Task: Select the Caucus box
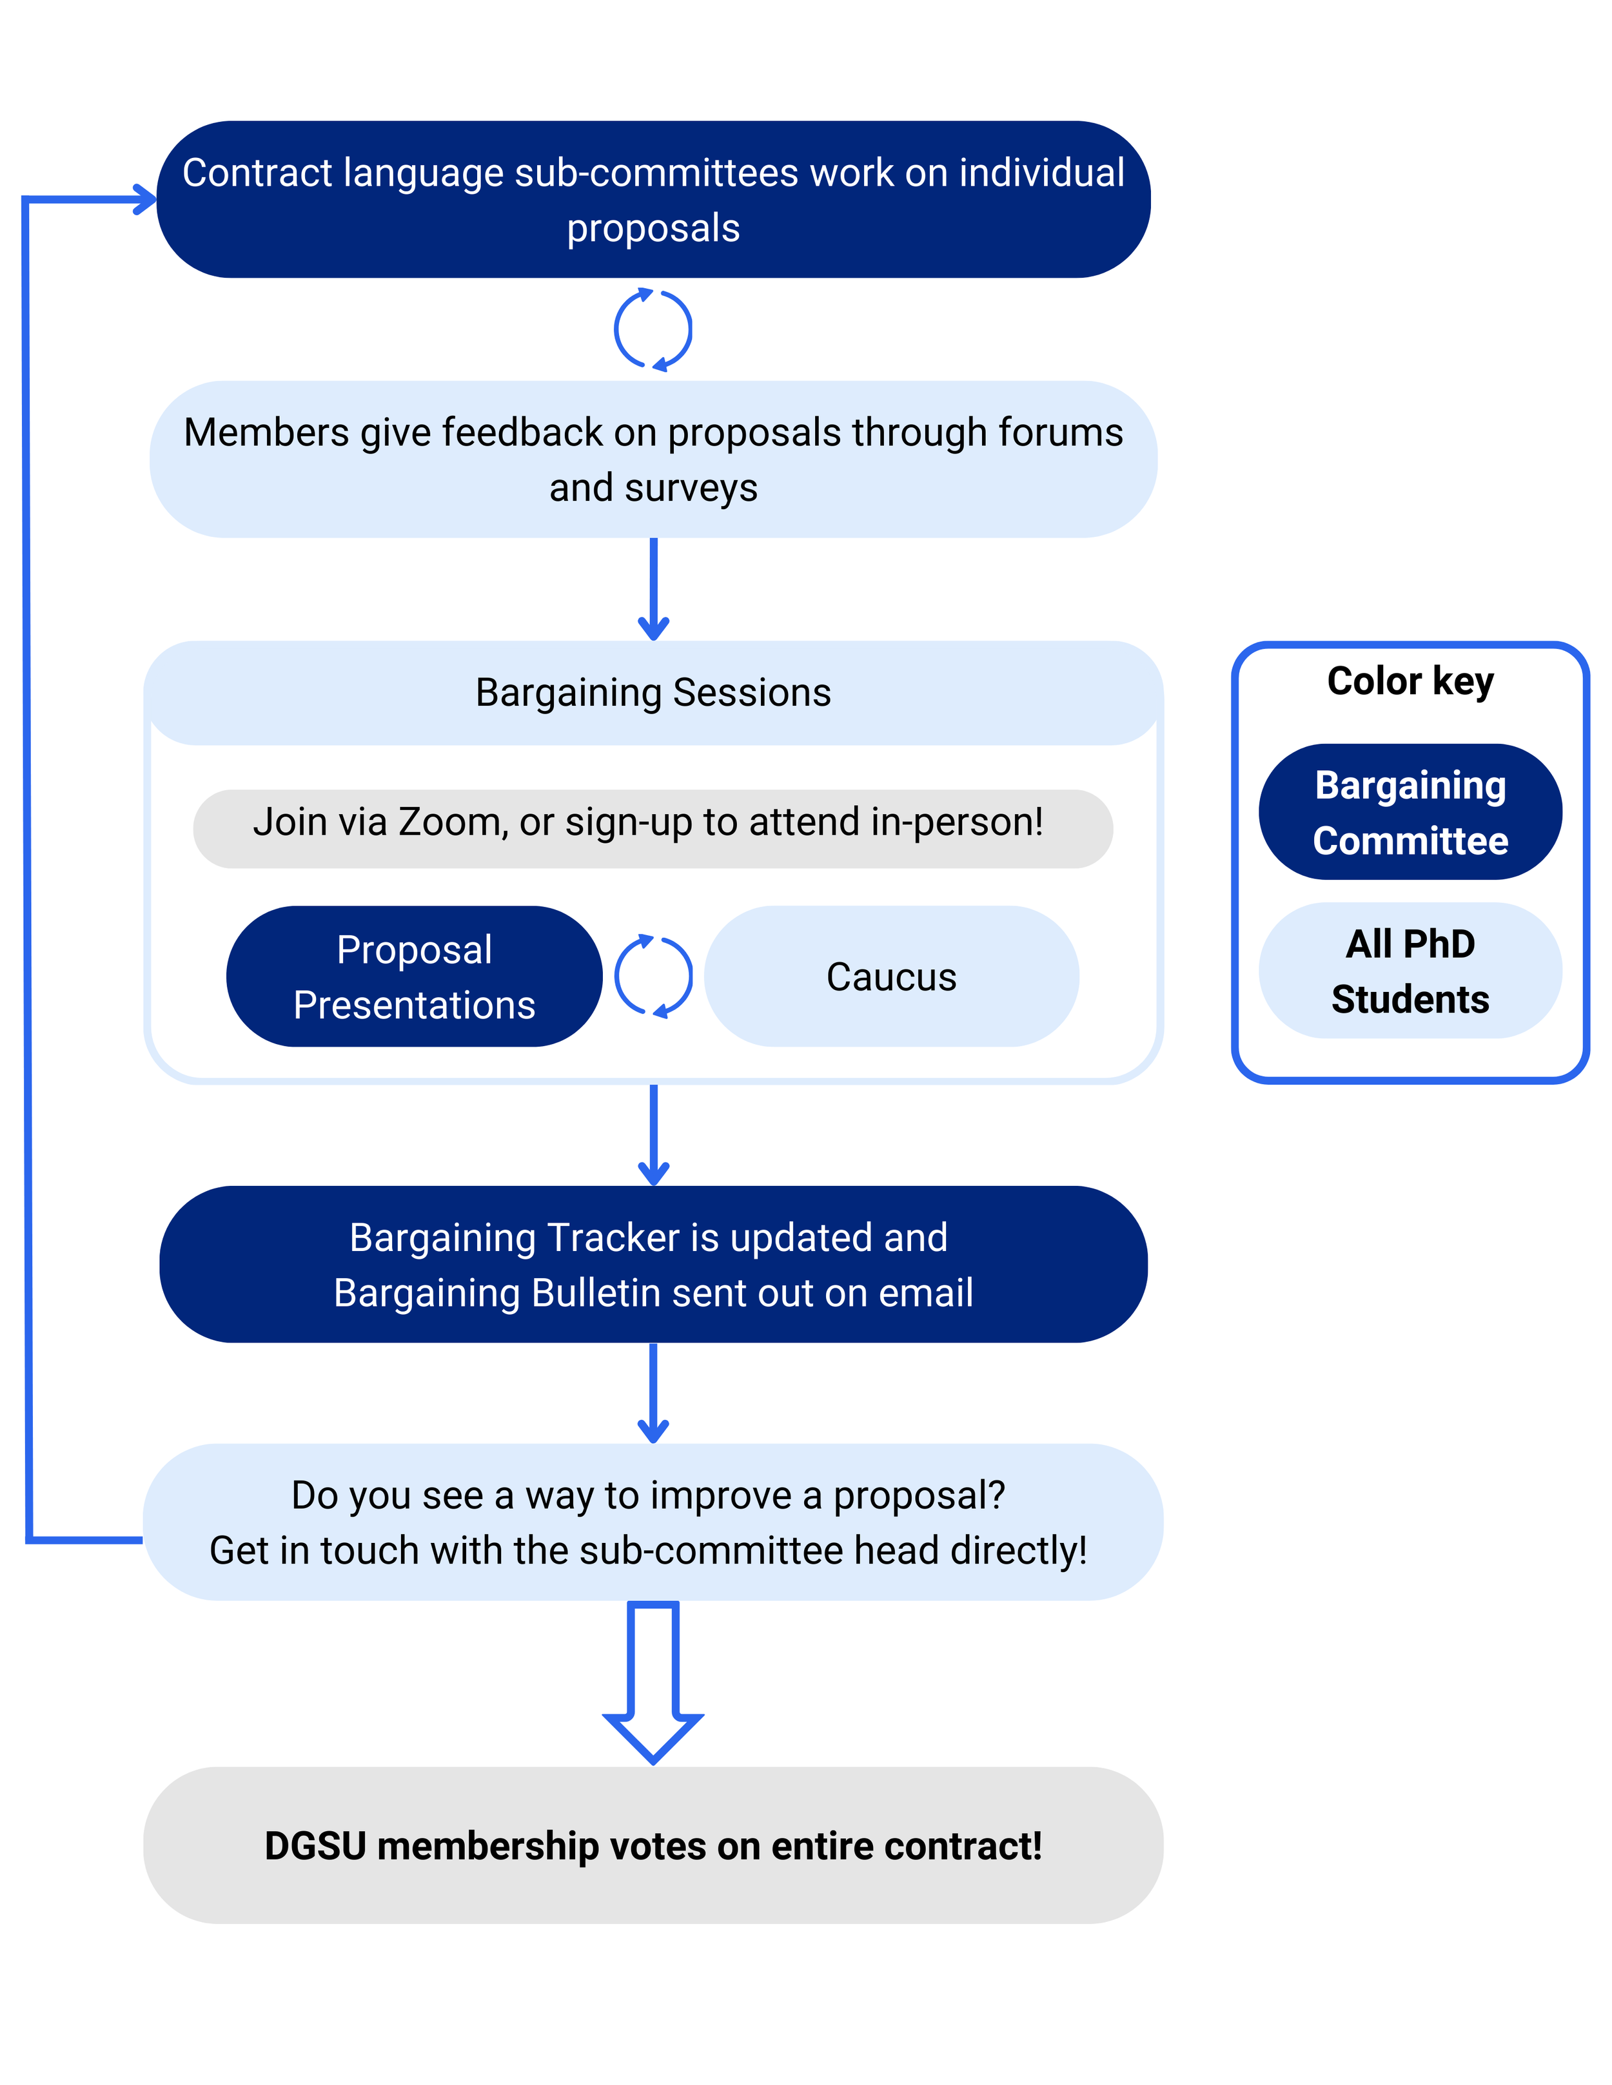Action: tap(891, 976)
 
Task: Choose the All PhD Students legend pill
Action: tap(1410, 970)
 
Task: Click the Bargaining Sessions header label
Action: tap(653, 692)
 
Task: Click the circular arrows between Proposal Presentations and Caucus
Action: tap(653, 976)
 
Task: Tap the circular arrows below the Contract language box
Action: tap(653, 329)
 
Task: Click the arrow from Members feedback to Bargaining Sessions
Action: tap(653, 587)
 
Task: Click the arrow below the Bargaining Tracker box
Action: tap(653, 1392)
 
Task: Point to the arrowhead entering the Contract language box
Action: tap(143, 200)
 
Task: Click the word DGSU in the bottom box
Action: tap(315, 1845)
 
